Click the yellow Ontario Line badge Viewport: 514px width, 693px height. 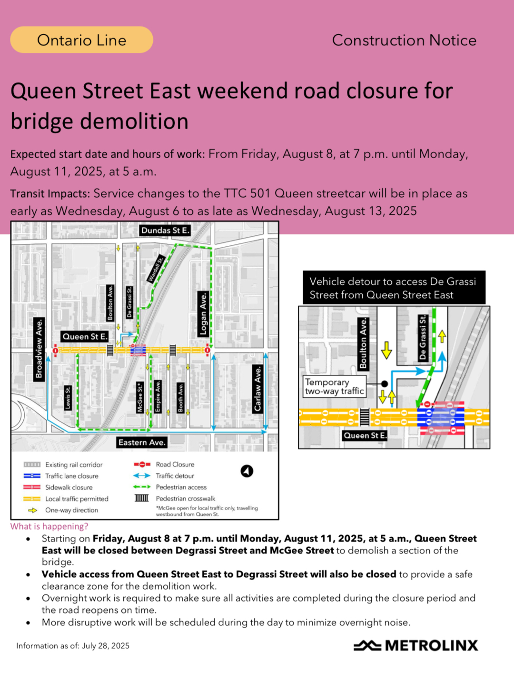(81, 40)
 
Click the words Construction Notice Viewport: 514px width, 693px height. (404, 40)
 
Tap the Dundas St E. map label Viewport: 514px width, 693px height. (165, 231)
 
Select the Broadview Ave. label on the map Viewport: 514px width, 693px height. (39, 349)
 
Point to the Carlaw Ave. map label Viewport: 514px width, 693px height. (257, 389)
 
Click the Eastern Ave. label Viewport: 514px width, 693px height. (142, 442)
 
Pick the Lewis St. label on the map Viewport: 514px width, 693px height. (68, 398)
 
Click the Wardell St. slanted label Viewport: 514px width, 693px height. (156, 269)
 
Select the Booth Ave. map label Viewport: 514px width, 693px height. (180, 398)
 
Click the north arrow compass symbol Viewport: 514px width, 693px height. (247, 471)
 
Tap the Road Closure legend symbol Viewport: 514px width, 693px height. (142, 464)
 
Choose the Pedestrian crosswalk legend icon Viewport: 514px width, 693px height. (142, 498)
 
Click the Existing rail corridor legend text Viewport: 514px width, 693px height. (74, 465)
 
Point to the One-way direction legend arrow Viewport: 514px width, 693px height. (32, 510)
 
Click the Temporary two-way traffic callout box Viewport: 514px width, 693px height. (335, 386)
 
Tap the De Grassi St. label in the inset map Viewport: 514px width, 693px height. (422, 337)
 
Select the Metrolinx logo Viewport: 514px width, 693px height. (415, 645)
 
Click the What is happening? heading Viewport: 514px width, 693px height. (49, 526)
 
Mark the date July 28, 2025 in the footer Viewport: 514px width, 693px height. (106, 646)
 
